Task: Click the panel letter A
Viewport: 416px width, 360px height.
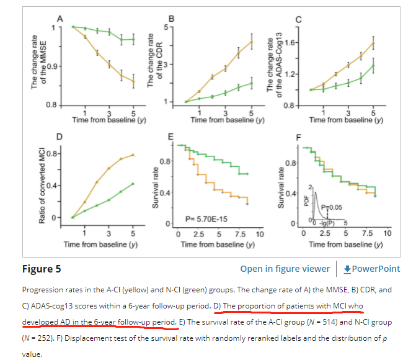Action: pos(60,19)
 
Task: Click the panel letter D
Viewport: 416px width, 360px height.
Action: pos(60,136)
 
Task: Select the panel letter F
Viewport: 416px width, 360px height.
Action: pos(299,136)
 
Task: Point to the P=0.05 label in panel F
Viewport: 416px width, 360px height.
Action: pos(338,207)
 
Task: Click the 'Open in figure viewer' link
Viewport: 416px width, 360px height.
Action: pos(285,269)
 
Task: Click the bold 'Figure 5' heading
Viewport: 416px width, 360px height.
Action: pos(41,269)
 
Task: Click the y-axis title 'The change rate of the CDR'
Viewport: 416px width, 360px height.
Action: pos(153,62)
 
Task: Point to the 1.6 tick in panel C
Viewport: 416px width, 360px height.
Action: pos(294,42)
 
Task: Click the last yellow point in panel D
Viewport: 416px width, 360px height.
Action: pos(133,154)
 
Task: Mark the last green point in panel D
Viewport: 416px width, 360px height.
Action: pos(133,183)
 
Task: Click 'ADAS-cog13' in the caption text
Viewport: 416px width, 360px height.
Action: pos(61,307)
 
